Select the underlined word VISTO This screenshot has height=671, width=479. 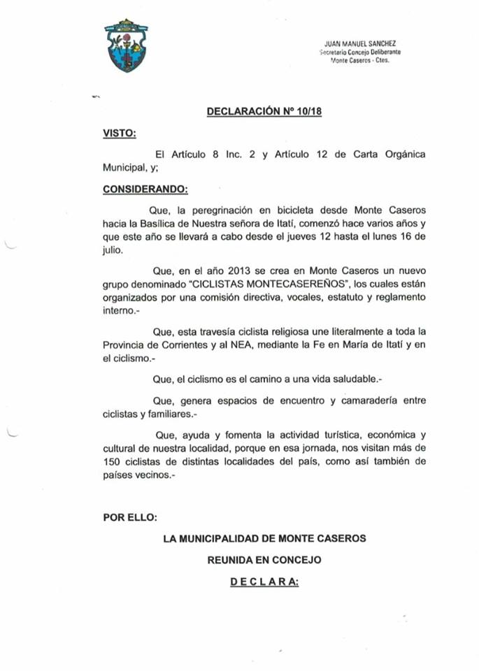[120, 133]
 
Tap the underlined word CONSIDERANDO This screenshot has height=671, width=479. [145, 189]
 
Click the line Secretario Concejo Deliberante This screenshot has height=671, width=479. [360, 52]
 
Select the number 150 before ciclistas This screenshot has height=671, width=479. [113, 462]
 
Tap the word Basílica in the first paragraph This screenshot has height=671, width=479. [152, 224]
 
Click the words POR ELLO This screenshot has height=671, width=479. [130, 517]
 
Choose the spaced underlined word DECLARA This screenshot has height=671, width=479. [264, 582]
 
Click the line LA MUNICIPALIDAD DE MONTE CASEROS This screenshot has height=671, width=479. [264, 539]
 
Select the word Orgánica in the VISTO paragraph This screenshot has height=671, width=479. [399, 154]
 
